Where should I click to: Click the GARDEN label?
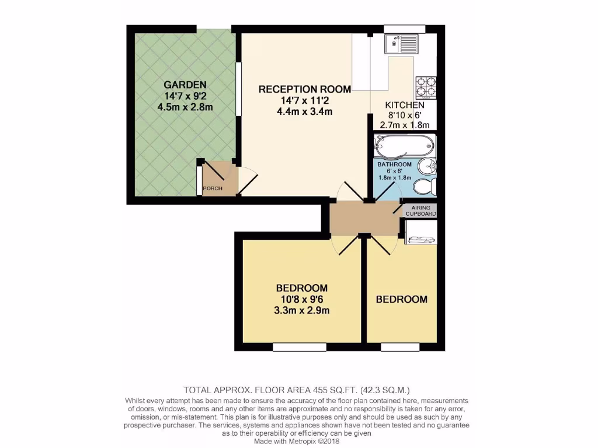tap(185, 84)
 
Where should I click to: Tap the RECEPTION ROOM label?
tap(304, 89)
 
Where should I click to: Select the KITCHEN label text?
tap(404, 105)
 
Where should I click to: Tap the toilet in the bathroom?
tap(425, 186)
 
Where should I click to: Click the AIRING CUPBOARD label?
tap(420, 211)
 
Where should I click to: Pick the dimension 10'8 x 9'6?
tap(302, 299)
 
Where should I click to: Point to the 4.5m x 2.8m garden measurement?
tap(185, 107)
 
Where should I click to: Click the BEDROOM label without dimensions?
tap(401, 299)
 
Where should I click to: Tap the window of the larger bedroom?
tap(299, 347)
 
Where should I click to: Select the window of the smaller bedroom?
tap(400, 347)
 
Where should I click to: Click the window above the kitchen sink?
tap(404, 29)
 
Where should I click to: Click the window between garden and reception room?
tap(238, 89)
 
